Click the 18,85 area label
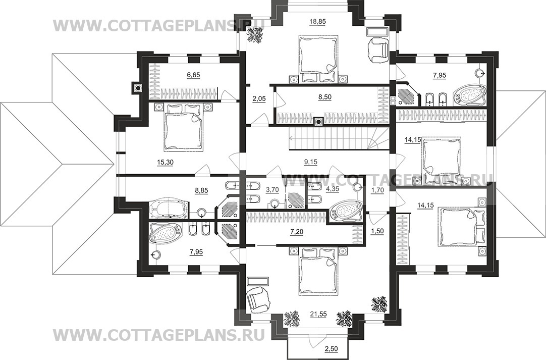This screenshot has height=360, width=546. point(317,22)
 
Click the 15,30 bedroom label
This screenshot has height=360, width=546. point(165,162)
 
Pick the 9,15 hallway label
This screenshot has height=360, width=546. point(311,162)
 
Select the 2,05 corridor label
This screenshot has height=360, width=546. point(259,99)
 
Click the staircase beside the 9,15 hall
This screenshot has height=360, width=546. point(338,138)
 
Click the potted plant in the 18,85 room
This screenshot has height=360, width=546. point(256,35)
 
